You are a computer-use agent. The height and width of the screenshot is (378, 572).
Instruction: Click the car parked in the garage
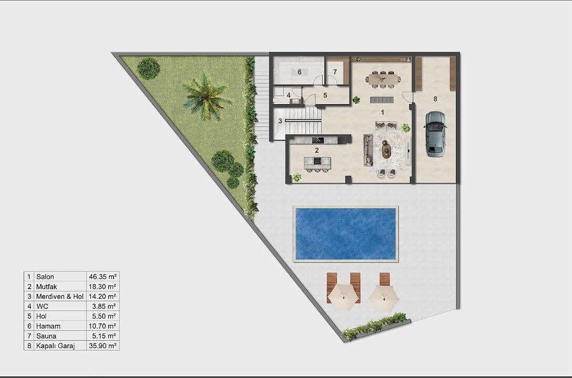[x=435, y=134]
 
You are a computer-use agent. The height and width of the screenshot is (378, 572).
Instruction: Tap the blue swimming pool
[x=345, y=233]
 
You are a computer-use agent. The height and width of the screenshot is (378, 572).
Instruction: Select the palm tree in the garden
[x=206, y=97]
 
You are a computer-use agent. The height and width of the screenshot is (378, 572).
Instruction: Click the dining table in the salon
[x=383, y=79]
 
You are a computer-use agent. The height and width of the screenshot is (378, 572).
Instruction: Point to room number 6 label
[x=300, y=72]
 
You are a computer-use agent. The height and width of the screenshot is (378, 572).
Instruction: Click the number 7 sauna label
[x=335, y=72]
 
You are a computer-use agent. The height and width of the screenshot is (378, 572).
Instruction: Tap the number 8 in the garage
[x=435, y=99]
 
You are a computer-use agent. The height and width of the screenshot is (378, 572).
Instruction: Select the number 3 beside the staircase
[x=280, y=121]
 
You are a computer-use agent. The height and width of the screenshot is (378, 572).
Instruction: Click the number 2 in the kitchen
[x=317, y=150]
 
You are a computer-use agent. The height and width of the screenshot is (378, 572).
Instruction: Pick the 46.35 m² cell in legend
[x=103, y=277]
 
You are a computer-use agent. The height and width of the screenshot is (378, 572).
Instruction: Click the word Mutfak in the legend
[x=46, y=287]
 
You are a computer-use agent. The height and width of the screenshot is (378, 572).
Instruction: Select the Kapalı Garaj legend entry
[x=55, y=346]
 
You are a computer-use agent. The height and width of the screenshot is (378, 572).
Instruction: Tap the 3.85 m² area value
[x=104, y=307]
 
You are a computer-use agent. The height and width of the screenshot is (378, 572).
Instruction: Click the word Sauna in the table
[x=46, y=336]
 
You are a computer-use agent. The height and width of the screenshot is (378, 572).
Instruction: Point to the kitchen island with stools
[x=318, y=164]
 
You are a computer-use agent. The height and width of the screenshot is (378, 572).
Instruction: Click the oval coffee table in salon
[x=386, y=149]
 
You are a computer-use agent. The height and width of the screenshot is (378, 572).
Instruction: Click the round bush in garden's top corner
[x=148, y=68]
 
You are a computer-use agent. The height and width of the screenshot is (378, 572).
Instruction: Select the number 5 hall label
[x=325, y=95]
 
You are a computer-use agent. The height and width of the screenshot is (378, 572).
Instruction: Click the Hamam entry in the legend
[x=48, y=326]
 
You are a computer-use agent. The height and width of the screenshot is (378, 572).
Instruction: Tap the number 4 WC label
[x=289, y=95]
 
